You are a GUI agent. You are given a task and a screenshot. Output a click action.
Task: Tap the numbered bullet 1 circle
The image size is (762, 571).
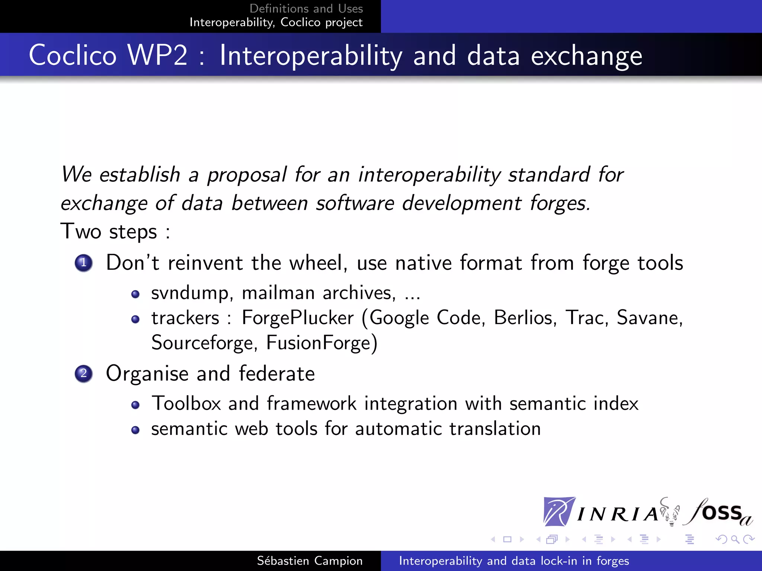83,263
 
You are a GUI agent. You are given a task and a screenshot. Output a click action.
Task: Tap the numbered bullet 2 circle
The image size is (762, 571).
83,373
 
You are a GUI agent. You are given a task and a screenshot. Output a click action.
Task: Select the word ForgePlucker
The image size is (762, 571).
298,318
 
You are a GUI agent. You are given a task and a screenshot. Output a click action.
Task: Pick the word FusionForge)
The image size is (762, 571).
322,343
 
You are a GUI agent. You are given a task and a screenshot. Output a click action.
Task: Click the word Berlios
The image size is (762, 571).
525,318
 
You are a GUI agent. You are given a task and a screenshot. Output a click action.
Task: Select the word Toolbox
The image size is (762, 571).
186,404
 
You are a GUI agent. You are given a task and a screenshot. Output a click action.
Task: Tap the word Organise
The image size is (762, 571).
147,374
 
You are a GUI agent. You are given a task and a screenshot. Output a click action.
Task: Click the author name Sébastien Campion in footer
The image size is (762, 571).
310,561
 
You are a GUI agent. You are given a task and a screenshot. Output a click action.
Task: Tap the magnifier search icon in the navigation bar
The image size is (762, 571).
735,539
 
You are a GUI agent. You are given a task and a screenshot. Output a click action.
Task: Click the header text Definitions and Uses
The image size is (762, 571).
306,9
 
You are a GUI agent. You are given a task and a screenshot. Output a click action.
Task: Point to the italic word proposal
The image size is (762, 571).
247,175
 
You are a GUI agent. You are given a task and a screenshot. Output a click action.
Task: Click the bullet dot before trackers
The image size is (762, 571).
135,319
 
